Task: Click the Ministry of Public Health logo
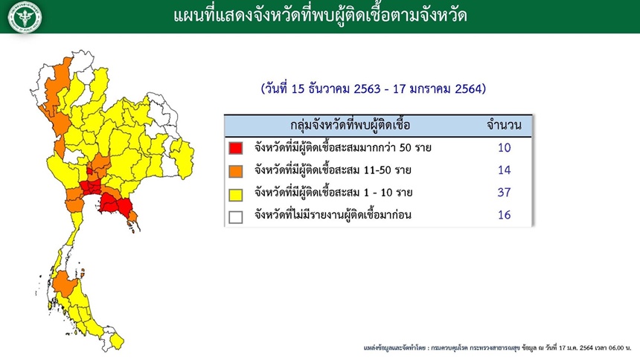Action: tap(25, 16)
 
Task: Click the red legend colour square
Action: tap(235, 148)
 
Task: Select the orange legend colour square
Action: tap(235, 171)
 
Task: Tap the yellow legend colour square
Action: tap(235, 194)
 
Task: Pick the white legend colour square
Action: tap(235, 217)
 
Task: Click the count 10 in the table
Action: tap(504, 148)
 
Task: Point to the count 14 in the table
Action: tap(504, 170)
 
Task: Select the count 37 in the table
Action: tap(504, 192)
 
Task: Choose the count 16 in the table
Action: tap(504, 215)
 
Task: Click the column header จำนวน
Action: tap(504, 125)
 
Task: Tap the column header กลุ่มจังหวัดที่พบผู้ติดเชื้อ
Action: tap(351, 125)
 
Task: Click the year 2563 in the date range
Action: tap(367, 89)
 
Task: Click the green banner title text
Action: tap(321, 16)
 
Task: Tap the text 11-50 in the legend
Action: tap(377, 170)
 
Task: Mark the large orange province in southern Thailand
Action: tap(65, 283)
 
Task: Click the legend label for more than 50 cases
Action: tap(343, 147)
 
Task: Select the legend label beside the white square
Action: tap(333, 215)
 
